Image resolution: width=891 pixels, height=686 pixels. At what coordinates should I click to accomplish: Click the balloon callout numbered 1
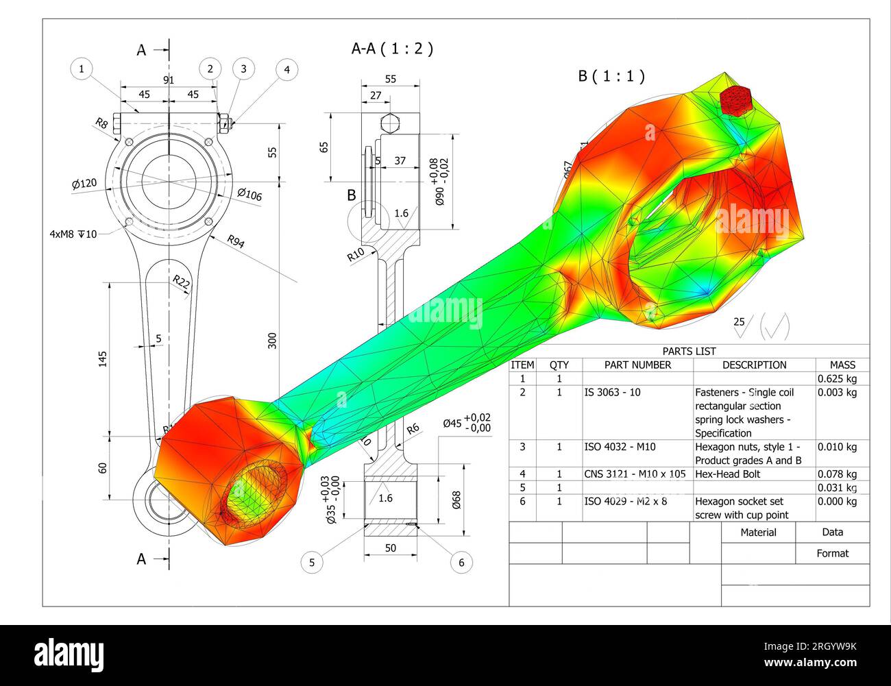tap(82, 69)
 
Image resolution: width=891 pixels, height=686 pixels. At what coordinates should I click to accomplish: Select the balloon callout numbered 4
tap(286, 69)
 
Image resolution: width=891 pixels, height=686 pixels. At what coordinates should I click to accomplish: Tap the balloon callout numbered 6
tap(461, 563)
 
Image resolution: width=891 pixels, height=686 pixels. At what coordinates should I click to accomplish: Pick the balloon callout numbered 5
tap(312, 563)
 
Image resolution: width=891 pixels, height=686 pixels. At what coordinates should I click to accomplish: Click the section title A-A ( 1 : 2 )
tap(392, 49)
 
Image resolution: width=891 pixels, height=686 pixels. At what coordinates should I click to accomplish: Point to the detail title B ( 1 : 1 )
tap(611, 76)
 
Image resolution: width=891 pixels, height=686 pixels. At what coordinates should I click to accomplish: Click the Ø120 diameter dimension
tap(84, 184)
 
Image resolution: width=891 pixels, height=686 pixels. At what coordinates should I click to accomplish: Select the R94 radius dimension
tap(235, 241)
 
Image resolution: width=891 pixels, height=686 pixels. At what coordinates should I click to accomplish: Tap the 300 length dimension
tap(272, 341)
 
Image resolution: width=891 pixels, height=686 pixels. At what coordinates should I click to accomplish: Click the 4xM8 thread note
tap(73, 234)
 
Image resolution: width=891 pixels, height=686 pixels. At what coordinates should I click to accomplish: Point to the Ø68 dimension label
tap(456, 500)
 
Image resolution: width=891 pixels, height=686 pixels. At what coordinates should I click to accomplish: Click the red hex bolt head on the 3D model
tap(737, 100)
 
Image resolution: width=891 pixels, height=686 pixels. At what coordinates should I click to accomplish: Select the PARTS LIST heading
tap(689, 351)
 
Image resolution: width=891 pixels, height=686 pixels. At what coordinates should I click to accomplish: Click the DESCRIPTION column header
tap(754, 365)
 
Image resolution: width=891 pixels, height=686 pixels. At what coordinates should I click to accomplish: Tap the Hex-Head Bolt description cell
tap(727, 474)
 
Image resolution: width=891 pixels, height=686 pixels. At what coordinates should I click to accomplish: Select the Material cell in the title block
tap(758, 532)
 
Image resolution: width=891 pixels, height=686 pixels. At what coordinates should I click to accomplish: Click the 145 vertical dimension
tap(103, 358)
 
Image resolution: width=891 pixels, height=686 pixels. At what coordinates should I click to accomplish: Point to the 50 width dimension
tap(390, 548)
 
